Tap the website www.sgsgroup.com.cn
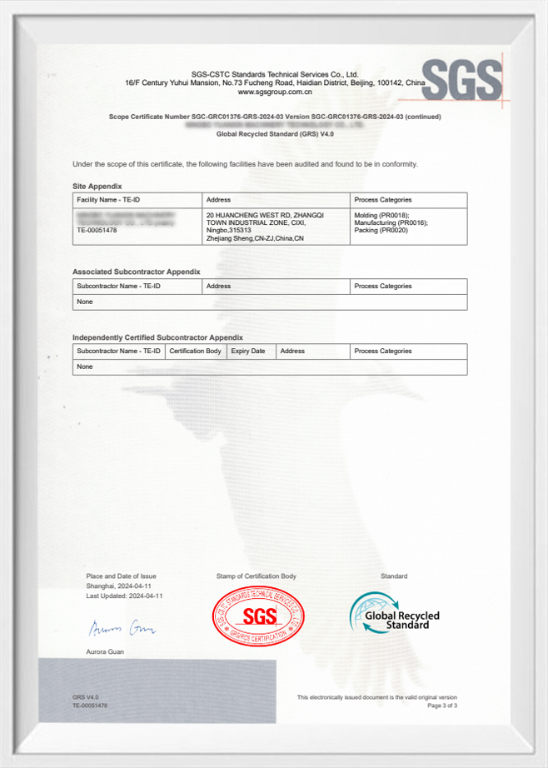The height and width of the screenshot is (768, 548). pos(274,92)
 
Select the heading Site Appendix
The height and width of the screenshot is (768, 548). pos(97,186)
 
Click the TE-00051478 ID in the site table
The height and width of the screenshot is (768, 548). pos(97,230)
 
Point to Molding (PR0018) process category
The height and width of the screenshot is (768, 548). pos(382,214)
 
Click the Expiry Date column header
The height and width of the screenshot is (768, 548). pos(248,352)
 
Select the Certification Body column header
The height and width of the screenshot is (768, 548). pos(196,352)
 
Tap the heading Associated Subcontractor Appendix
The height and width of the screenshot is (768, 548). pos(137,272)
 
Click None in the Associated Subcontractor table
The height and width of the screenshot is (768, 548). pos(85,302)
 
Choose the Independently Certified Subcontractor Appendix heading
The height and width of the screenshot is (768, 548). pos(157,337)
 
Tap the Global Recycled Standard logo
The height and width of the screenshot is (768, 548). pos(394,614)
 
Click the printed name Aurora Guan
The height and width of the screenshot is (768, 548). pos(105,651)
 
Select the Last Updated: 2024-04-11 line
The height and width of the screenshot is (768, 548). pos(124,596)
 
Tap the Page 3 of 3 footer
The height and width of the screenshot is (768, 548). pos(442,706)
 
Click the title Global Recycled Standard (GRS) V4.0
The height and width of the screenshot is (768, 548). pos(274,133)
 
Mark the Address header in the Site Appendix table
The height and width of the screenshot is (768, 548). pos(218,200)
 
